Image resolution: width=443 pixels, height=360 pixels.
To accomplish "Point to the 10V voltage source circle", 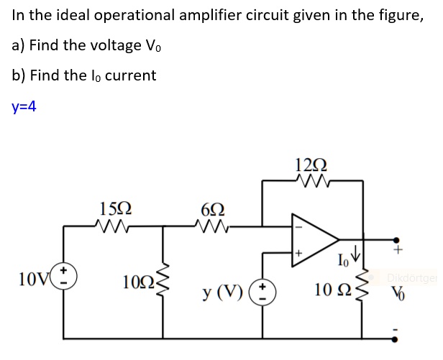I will pos(70,277).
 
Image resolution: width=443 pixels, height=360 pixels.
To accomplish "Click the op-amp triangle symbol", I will pos(314,235).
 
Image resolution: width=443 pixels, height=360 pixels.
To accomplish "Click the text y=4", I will pos(24,106).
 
